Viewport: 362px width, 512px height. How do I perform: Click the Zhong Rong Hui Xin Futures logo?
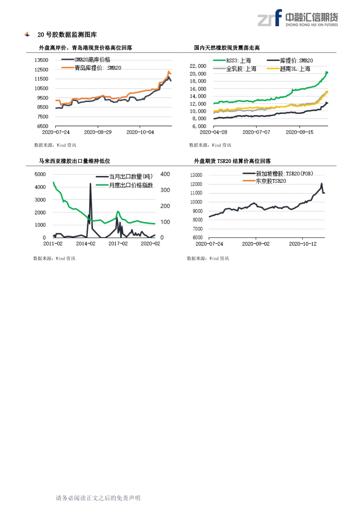tap(298, 18)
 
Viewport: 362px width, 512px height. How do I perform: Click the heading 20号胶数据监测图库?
tap(67, 35)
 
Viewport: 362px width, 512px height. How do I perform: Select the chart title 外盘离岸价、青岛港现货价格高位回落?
tap(86, 48)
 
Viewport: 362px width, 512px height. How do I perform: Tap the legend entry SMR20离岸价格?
tap(92, 60)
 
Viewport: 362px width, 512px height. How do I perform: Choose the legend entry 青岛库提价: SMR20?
tap(98, 68)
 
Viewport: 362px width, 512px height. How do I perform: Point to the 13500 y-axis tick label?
tap(41, 60)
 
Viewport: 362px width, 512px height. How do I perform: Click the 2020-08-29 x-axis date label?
tap(98, 132)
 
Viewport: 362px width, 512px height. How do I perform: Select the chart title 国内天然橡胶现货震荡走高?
tap(227, 48)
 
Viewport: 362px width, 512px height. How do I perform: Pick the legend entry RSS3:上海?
tap(238, 60)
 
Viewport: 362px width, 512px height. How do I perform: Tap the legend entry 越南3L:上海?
tap(295, 69)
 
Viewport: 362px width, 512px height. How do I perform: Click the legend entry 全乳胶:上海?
tap(241, 69)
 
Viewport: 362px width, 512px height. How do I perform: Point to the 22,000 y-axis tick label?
tap(198, 66)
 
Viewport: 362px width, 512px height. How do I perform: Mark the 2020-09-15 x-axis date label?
tap(300, 132)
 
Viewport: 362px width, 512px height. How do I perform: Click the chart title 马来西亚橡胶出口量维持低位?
tap(74, 161)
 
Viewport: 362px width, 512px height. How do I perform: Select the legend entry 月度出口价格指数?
tap(131, 185)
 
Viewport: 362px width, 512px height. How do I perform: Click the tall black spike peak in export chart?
tap(90, 184)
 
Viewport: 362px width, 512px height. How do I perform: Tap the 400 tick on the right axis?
tap(165, 174)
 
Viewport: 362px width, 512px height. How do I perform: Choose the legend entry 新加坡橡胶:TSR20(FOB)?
tap(284, 174)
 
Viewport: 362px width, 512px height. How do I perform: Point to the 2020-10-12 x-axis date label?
tap(303, 244)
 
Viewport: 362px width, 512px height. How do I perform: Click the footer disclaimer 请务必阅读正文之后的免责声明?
tap(98, 498)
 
